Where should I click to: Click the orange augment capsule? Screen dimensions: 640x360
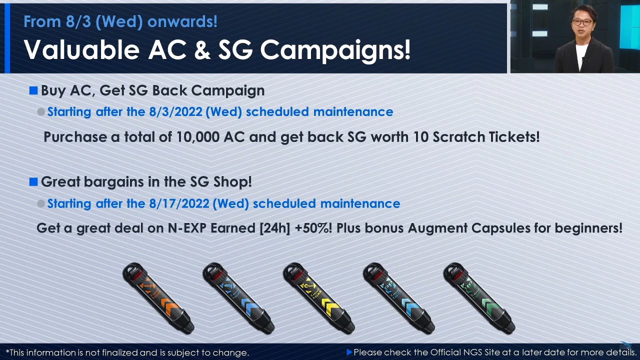(x=158, y=298)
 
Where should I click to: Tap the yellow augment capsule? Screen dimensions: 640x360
(x=319, y=298)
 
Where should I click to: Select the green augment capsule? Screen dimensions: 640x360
(x=479, y=298)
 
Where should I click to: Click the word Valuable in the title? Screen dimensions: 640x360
(x=81, y=49)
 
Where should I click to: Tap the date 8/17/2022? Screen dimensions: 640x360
(x=179, y=203)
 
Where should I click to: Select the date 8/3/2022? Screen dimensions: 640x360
(x=175, y=111)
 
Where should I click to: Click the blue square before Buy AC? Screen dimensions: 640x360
(x=33, y=90)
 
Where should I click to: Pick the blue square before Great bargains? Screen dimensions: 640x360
(x=33, y=181)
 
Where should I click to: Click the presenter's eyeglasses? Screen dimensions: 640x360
(x=581, y=22)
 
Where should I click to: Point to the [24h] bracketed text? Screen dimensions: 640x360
(x=274, y=228)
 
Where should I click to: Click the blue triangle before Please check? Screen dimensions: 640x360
(x=349, y=352)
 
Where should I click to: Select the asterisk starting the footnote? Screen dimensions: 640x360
(x=7, y=351)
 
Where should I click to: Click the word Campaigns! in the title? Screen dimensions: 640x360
(x=335, y=51)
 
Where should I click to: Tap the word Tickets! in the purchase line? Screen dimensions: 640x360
(x=514, y=137)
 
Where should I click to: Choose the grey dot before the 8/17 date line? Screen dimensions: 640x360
(x=41, y=203)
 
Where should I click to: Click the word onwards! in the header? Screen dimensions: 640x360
(x=182, y=21)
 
